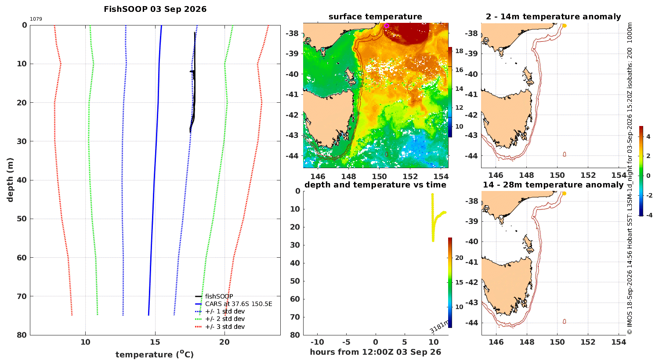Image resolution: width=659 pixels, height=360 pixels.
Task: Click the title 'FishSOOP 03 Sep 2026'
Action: (155, 9)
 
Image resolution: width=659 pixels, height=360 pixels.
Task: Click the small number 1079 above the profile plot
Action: (36, 19)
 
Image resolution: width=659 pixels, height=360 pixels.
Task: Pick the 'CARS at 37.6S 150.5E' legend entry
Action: (234, 304)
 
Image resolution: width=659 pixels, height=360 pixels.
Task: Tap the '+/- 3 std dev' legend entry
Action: (220, 327)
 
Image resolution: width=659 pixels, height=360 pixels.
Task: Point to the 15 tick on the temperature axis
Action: (155, 342)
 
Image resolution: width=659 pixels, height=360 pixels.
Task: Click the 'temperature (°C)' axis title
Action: (155, 354)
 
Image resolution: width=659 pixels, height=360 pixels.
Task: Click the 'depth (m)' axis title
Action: (10, 180)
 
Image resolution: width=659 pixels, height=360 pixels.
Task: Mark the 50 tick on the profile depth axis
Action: (22, 219)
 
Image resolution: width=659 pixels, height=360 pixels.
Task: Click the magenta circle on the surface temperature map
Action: (387, 25)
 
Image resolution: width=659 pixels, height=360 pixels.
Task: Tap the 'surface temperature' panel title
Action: (375, 17)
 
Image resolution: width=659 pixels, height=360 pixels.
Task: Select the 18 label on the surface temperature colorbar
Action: (459, 51)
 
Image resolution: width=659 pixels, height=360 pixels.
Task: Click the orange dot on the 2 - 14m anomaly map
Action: (564, 25)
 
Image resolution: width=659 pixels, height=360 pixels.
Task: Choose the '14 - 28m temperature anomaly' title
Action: (553, 185)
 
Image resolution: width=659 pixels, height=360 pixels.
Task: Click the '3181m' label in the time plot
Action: (439, 327)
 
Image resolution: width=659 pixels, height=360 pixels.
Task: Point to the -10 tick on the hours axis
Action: (318, 342)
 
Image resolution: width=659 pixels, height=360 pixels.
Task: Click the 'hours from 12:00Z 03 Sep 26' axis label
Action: (375, 352)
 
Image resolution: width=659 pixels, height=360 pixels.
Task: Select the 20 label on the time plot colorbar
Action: (459, 258)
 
